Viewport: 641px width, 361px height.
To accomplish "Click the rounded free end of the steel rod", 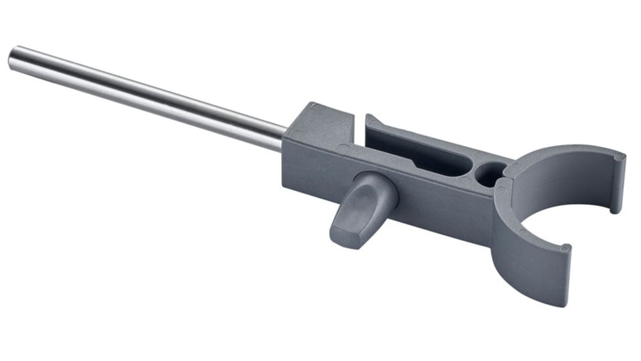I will pyautogui.click(x=13, y=60).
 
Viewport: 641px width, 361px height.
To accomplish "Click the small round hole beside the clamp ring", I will pyautogui.click(x=488, y=173).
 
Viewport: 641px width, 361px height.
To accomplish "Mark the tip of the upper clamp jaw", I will pyautogui.click(x=617, y=184).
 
